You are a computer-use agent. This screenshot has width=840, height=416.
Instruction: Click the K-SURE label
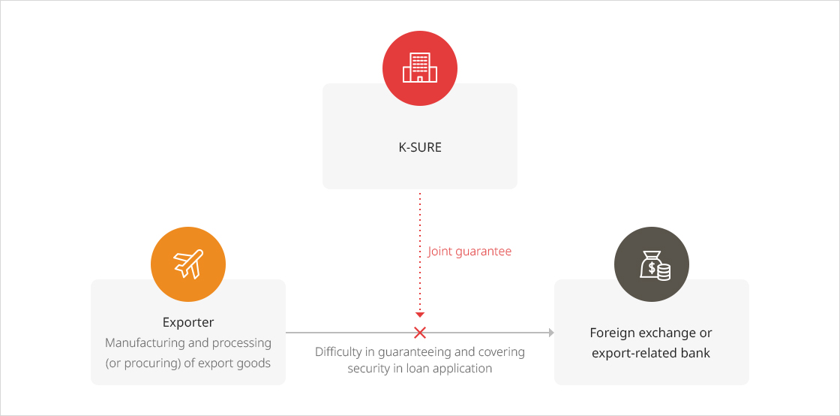[x=420, y=147]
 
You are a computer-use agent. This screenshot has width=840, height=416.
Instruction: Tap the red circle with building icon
[x=420, y=68]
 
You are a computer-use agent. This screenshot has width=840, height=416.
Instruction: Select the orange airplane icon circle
[x=188, y=264]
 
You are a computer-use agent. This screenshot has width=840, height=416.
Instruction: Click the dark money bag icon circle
[x=652, y=264]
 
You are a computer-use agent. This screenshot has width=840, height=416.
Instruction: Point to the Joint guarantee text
[x=469, y=252]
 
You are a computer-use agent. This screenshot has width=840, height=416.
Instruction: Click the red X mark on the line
[x=420, y=333]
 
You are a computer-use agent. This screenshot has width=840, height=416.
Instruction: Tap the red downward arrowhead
[x=420, y=315]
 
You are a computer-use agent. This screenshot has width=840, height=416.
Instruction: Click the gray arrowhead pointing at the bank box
[x=551, y=333]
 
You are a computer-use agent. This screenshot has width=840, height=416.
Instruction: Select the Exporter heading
[x=188, y=322]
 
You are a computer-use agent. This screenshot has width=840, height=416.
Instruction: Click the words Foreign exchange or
[x=651, y=333]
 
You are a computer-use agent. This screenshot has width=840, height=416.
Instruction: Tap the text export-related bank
[x=651, y=353]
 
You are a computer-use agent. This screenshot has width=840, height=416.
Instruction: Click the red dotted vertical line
[x=420, y=252]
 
